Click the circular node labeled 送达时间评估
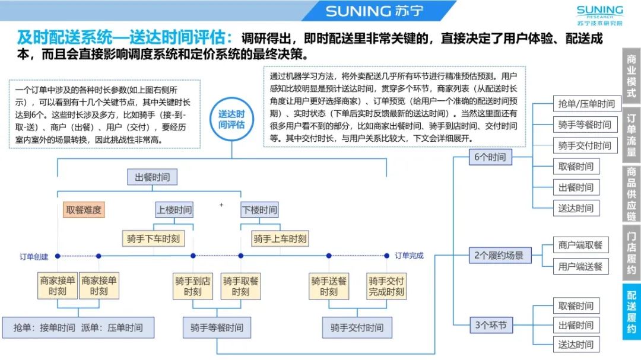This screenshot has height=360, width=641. pyautogui.click(x=231, y=119)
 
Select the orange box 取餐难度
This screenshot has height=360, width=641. pyautogui.click(x=84, y=210)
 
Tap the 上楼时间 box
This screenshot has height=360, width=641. pyautogui.click(x=174, y=210)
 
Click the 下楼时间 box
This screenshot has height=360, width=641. pyautogui.click(x=259, y=210)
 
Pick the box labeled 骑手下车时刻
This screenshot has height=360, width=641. pyautogui.click(x=153, y=238)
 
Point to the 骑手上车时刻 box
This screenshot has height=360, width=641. pyautogui.click(x=280, y=238)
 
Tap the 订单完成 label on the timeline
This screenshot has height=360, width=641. pyautogui.click(x=409, y=256)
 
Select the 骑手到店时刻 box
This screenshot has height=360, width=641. pyautogui.click(x=193, y=285)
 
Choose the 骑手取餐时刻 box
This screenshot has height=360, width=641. pyautogui.click(x=240, y=285)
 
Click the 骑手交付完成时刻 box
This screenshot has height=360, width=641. pyautogui.click(x=386, y=285)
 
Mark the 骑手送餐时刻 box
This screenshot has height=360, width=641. pyautogui.click(x=329, y=285)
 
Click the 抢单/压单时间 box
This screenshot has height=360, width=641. pyautogui.click(x=586, y=104)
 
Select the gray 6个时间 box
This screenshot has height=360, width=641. pyautogui.click(x=490, y=157)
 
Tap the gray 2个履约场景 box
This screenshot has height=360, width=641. pyautogui.click(x=499, y=256)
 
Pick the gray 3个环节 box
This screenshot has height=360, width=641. pyautogui.click(x=490, y=325)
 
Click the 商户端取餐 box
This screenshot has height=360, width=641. pyautogui.click(x=580, y=245)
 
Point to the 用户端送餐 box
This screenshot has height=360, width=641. pyautogui.click(x=580, y=266)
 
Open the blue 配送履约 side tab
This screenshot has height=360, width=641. pyautogui.click(x=632, y=312)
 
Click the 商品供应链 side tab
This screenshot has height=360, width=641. pyautogui.click(x=632, y=192)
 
